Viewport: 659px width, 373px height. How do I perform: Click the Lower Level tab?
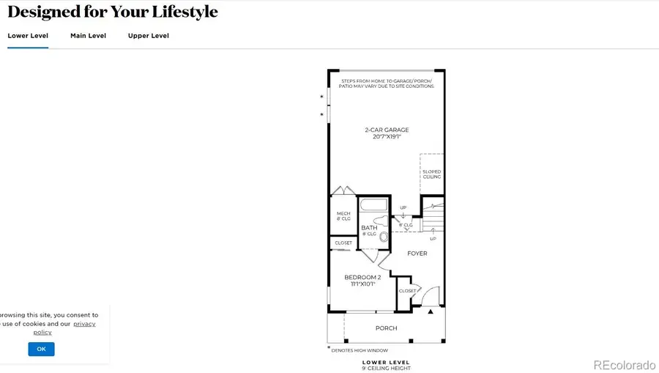28,35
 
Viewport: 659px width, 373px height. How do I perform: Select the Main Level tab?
88,35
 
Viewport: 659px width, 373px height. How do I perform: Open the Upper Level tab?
149,35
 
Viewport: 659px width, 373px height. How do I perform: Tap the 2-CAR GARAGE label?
387,133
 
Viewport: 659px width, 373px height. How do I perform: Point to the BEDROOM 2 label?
362,279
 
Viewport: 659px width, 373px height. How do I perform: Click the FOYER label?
417,254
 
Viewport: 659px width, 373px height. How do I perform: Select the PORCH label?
386,328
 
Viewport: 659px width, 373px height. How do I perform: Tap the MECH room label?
343,215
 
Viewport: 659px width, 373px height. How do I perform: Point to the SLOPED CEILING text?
432,174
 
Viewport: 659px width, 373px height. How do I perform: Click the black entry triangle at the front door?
431,311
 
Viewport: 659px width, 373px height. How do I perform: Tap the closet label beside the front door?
407,291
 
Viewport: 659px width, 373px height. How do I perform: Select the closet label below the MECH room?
343,243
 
